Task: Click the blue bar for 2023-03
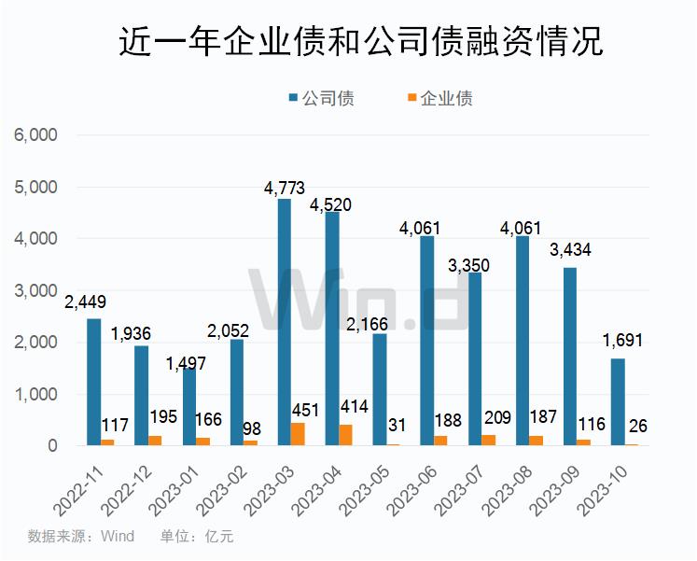pos(284,322)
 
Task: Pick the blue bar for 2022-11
pos(93,382)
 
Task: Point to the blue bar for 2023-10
pos(618,401)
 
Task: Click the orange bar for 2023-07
pos(490,441)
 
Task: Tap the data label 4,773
pos(285,189)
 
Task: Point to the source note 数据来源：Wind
pos(81,537)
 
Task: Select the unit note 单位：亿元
pos(197,537)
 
